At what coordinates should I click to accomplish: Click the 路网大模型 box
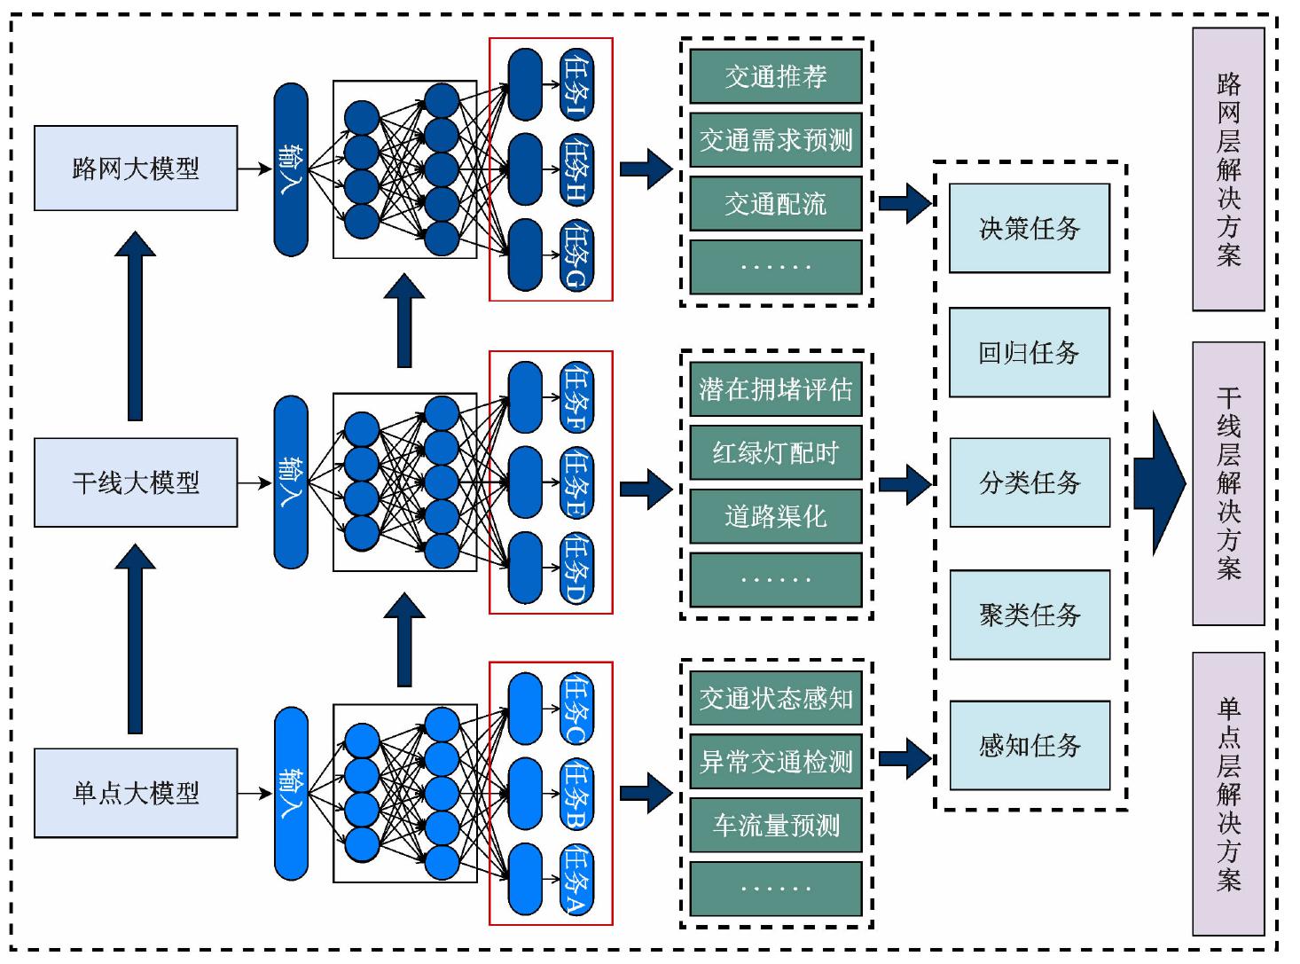[136, 169]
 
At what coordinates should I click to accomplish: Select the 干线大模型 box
[136, 482]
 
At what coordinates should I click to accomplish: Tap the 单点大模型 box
[136, 793]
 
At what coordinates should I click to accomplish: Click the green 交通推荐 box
[776, 77]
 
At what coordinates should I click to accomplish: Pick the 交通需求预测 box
[776, 140]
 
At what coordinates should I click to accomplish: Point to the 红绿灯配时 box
[776, 453]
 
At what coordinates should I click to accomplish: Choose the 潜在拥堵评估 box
[776, 389]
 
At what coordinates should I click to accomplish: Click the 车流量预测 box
[776, 826]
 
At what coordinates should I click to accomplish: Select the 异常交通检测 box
[776, 762]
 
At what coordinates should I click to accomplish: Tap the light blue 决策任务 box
[1030, 229]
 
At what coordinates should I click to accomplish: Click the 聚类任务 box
[1030, 615]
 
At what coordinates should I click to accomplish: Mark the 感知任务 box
[1030, 746]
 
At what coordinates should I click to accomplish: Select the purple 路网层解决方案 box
[1228, 169]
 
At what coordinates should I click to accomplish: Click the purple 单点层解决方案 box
[1228, 794]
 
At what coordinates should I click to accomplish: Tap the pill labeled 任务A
[576, 881]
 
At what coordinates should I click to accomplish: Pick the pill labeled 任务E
[576, 483]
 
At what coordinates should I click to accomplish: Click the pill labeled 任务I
[576, 85]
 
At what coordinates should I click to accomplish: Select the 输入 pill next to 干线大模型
[291, 482]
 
